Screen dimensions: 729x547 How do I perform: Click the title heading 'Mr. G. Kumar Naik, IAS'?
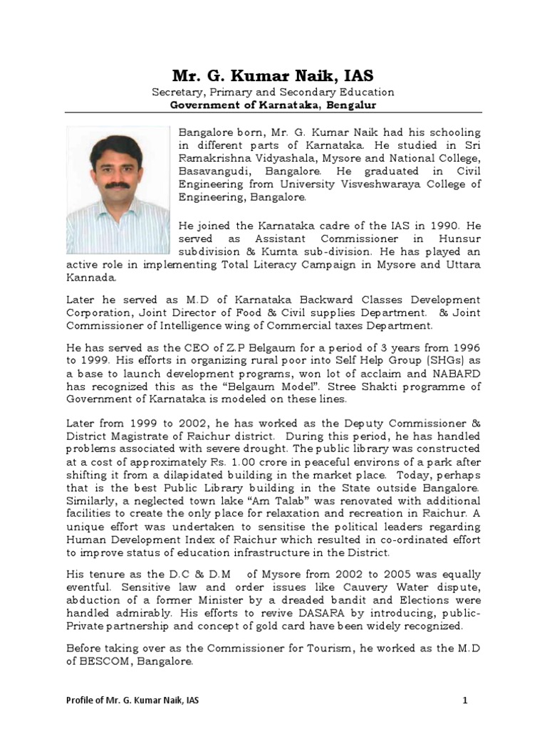click(273, 75)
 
